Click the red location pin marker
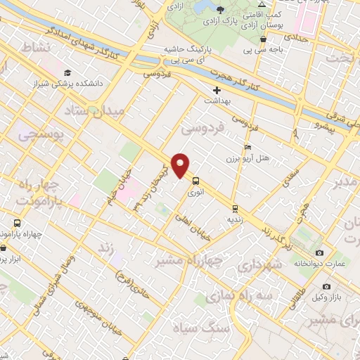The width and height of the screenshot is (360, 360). (181, 165)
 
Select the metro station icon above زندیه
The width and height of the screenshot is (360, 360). (234, 208)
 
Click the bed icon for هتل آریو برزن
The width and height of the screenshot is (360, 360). (247, 147)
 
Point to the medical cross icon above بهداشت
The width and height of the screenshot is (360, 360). (217, 90)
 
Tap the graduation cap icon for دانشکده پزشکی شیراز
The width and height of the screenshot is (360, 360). (67, 72)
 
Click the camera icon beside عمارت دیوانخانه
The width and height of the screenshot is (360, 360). (319, 252)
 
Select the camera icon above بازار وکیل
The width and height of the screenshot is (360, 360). (326, 286)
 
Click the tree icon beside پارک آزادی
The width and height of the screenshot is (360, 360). (221, 9)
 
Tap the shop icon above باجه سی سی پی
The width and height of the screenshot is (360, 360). (262, 39)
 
